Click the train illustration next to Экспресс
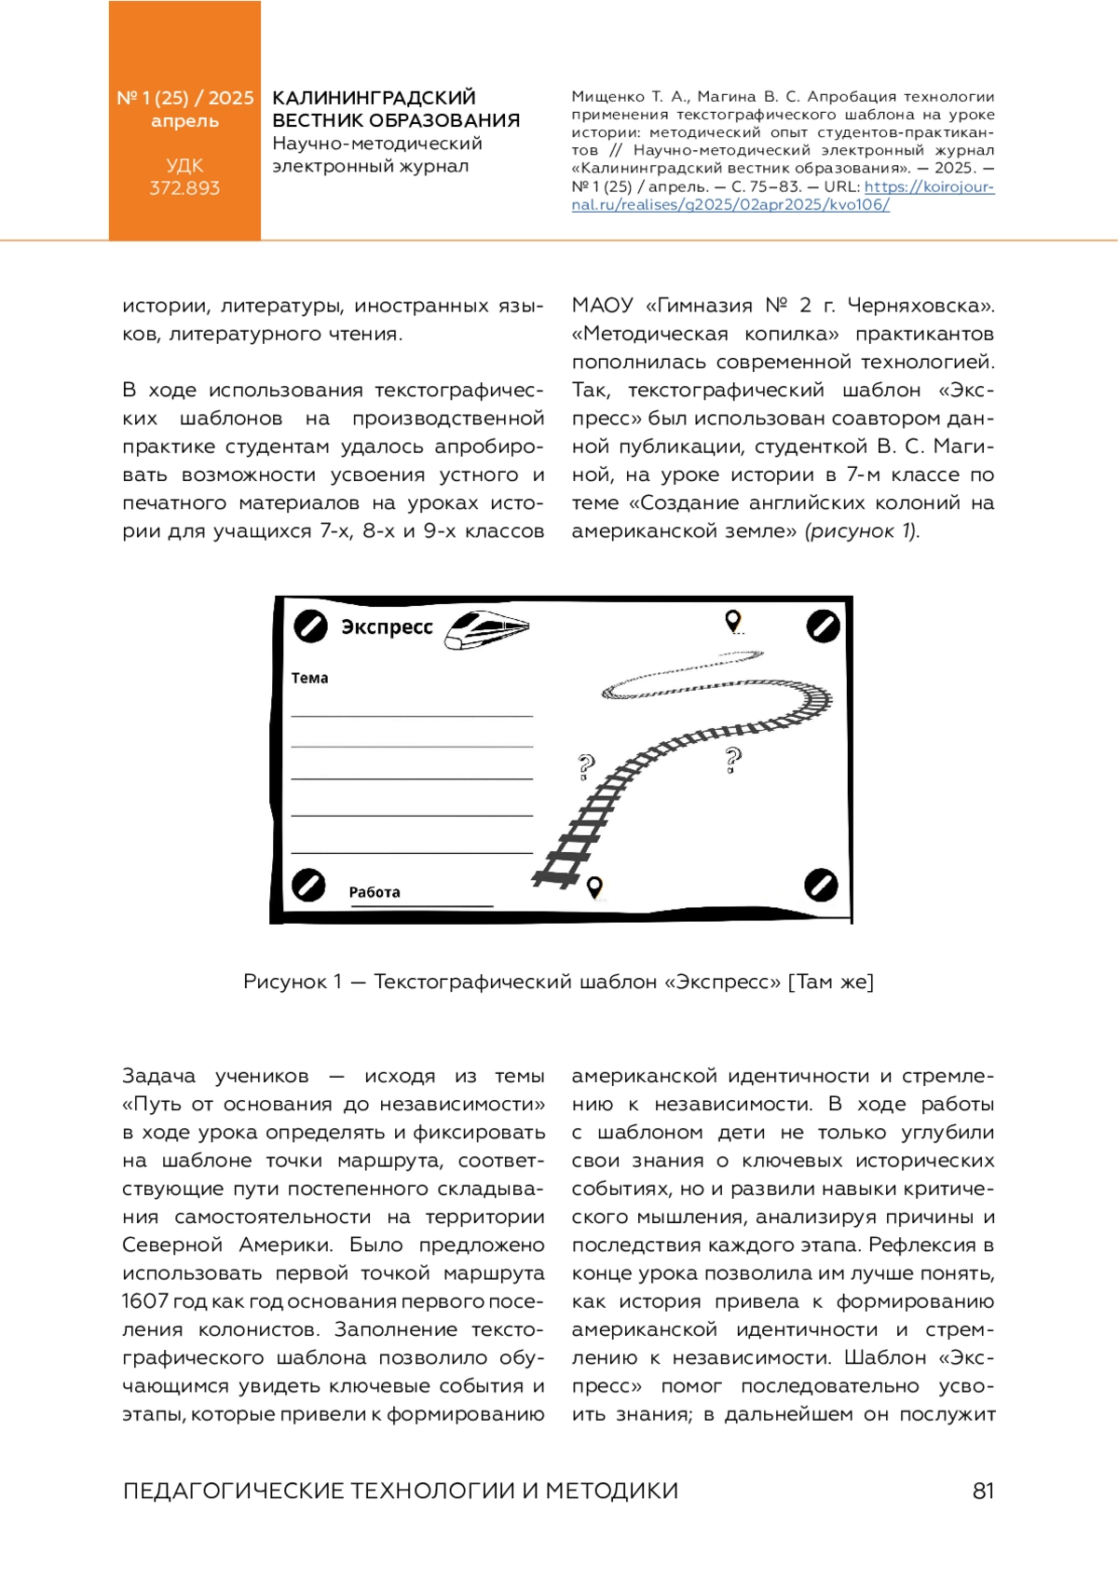tap(486, 629)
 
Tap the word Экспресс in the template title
tap(387, 627)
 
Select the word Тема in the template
tap(309, 678)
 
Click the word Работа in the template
tap(375, 892)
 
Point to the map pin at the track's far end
tap(733, 621)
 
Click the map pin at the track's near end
tap(594, 887)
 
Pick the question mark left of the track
tap(585, 767)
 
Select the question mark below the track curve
tap(733, 761)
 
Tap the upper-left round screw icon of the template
tap(310, 626)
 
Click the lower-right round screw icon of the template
tap(821, 885)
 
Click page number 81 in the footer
tap(983, 1491)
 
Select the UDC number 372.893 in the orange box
tap(184, 188)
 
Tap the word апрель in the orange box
tap(184, 121)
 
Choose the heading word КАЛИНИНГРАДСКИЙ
tap(374, 98)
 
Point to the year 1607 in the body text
tap(144, 1301)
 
